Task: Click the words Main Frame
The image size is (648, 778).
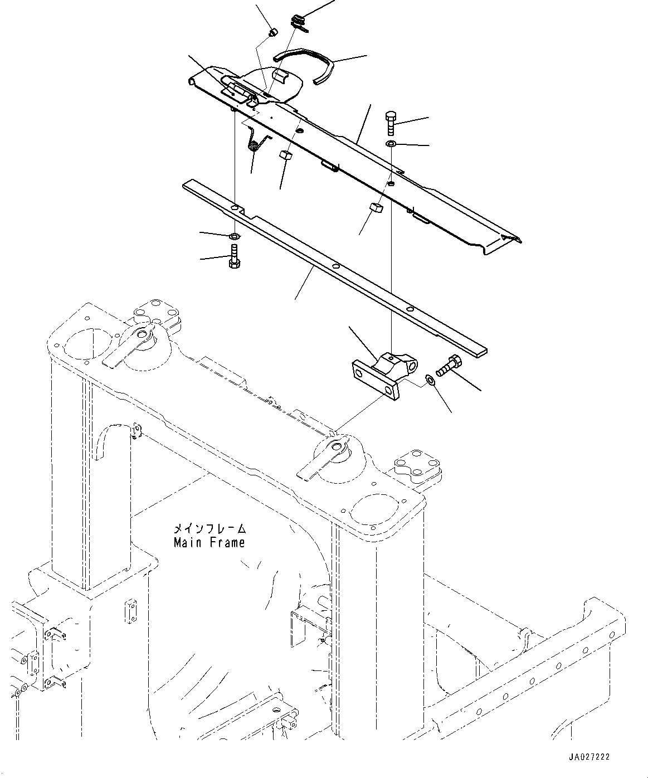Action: pos(209,542)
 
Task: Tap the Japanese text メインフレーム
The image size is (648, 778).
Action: pos(210,528)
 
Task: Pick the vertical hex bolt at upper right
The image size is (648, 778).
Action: pos(390,123)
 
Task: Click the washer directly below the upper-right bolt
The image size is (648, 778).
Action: pos(391,143)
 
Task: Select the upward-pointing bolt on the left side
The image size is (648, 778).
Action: pos(234,256)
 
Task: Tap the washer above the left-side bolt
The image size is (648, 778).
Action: pos(235,236)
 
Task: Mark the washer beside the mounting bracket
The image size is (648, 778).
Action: pos(430,381)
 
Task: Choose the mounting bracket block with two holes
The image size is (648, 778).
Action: pos(384,375)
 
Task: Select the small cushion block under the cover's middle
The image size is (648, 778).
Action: pos(377,208)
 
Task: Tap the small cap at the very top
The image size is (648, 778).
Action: pos(274,32)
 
